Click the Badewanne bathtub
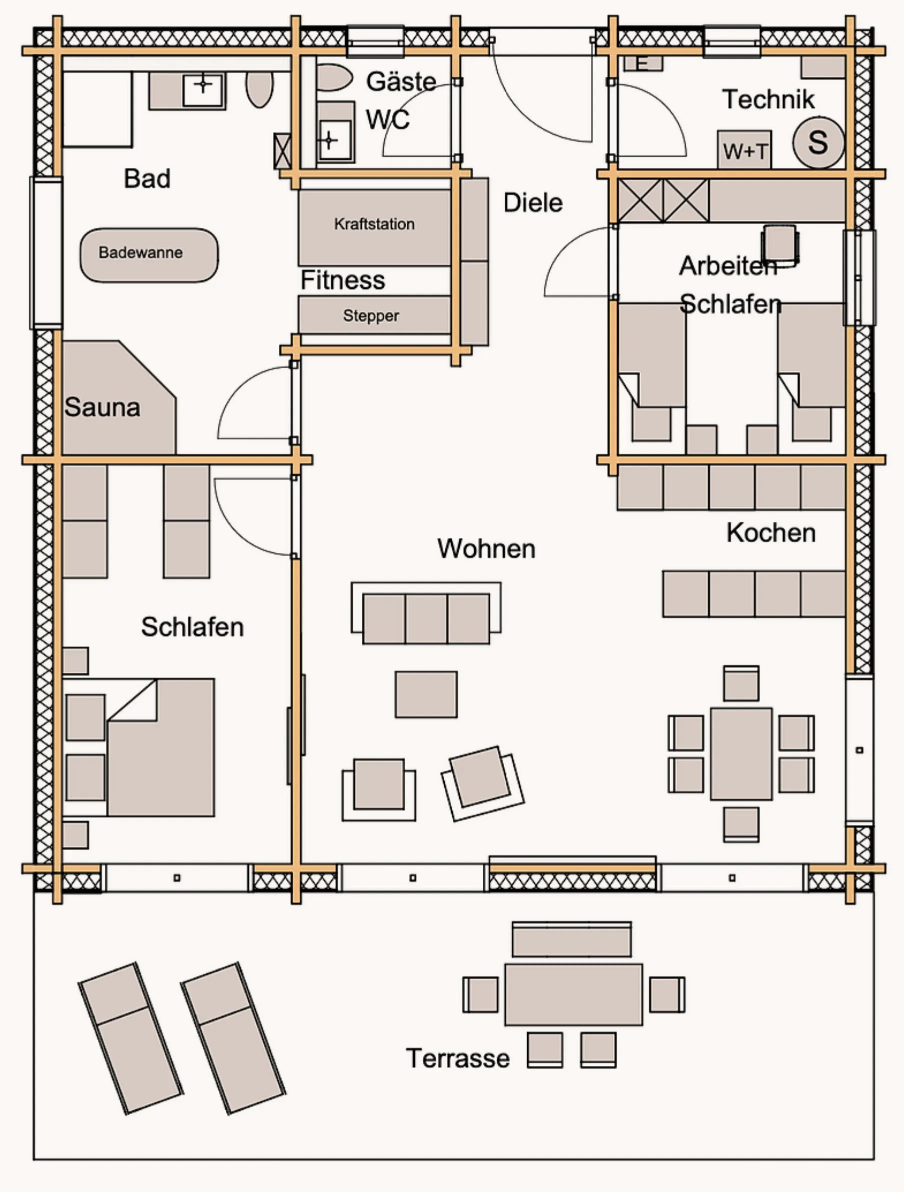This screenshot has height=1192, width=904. [x=149, y=255]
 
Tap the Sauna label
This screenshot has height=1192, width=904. [x=102, y=407]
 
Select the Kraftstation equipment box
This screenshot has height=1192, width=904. [x=374, y=226]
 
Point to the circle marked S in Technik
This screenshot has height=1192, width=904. [x=818, y=142]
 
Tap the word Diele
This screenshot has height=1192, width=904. [x=532, y=203]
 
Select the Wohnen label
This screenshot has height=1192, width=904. [x=486, y=548]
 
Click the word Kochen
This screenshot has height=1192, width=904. [x=771, y=532]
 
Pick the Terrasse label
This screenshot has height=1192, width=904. [x=457, y=1058]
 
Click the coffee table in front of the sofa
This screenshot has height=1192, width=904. [x=426, y=694]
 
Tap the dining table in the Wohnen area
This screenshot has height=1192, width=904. [x=741, y=753]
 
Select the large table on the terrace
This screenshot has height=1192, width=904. [x=573, y=994]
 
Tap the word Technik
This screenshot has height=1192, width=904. [x=768, y=99]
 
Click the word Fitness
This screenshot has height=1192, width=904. [x=343, y=280]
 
